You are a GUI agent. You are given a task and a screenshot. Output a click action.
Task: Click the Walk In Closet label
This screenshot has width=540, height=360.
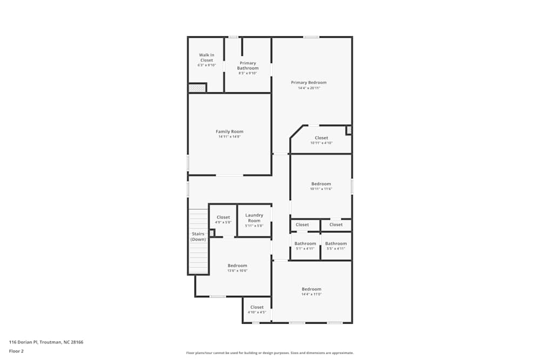coord(206,57)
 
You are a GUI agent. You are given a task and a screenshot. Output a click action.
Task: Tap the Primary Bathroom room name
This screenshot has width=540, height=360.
coord(248,65)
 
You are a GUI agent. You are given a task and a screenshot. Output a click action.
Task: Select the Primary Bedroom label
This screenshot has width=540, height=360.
coord(308,83)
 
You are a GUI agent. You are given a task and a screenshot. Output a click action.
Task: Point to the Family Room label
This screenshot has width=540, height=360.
coord(230,131)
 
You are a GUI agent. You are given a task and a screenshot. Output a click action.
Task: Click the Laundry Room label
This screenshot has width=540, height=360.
coord(254,218)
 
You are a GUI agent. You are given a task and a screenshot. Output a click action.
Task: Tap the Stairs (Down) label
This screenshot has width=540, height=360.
coord(198,236)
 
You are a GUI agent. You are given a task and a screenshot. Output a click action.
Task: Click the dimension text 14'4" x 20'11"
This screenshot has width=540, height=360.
coord(309,88)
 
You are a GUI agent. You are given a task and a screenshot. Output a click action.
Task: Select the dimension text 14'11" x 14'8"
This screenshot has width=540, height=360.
coord(230,137)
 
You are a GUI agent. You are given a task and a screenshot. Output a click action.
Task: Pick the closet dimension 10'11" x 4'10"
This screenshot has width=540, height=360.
coord(321,143)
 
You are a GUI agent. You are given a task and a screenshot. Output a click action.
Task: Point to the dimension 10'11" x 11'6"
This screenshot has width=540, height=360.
coord(321,189)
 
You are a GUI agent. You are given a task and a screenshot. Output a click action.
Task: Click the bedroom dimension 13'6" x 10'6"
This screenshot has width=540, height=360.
coord(237,270)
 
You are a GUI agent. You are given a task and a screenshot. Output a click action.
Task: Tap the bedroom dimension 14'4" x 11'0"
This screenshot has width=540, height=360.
coord(311,294)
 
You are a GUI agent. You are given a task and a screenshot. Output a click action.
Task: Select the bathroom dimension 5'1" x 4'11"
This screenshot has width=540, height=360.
coord(305,249)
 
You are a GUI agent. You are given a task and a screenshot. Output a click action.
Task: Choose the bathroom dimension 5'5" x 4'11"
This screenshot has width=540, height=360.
coord(336,249)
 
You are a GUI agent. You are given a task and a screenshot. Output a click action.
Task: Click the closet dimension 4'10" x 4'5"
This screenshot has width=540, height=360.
coord(257,312)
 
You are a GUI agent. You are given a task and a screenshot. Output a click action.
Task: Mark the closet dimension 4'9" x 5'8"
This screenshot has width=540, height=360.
coord(223,222)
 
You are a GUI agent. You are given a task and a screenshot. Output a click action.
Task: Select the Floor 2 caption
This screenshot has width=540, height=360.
coord(16,351)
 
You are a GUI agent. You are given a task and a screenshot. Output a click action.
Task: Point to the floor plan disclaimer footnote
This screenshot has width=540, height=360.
coord(269,352)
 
